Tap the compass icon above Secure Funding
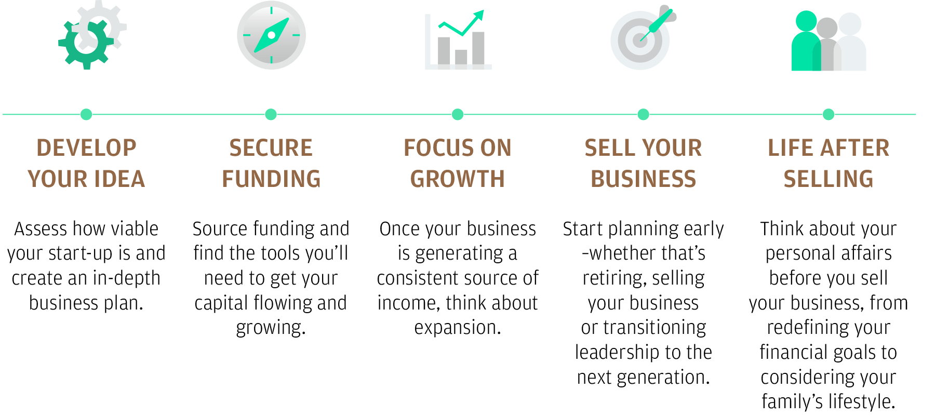click(x=271, y=35)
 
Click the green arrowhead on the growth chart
click(x=479, y=15)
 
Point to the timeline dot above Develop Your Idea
click(x=86, y=114)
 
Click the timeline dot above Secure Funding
click(x=271, y=114)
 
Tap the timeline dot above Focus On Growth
click(x=458, y=114)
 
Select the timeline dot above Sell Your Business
click(x=643, y=114)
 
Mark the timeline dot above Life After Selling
click(x=829, y=114)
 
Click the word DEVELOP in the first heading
click(x=86, y=148)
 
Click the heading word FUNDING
click(x=271, y=179)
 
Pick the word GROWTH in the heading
click(x=458, y=179)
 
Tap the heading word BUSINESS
click(x=643, y=179)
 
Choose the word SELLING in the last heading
click(x=829, y=179)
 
